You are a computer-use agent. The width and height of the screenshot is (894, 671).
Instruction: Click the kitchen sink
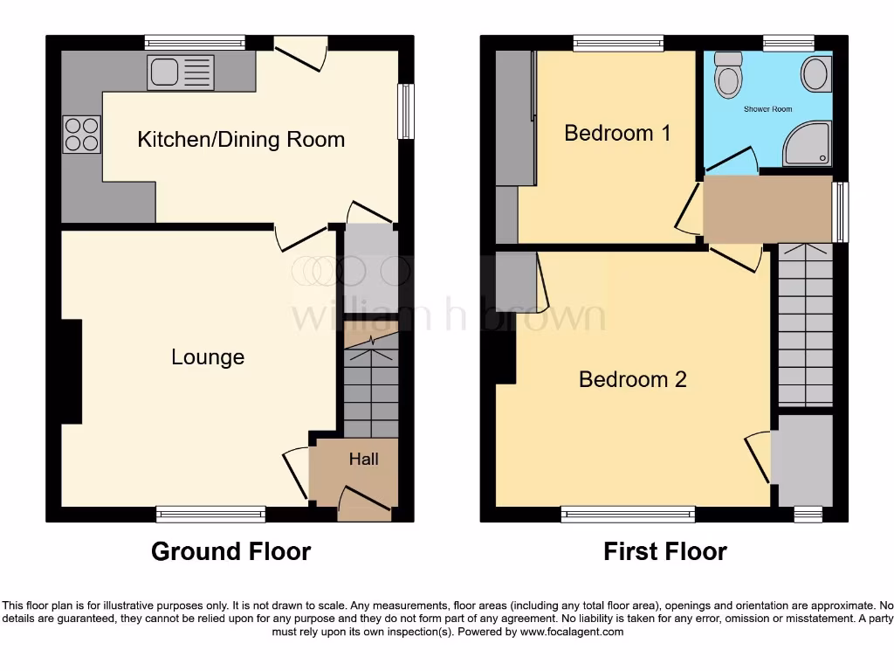(181, 73)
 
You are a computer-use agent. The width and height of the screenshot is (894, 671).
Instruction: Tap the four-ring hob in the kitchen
(81, 135)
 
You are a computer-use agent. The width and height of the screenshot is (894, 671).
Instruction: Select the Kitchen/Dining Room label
(241, 139)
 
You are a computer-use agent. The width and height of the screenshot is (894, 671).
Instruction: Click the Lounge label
(208, 356)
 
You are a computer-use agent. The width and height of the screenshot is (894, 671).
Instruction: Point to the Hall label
(364, 459)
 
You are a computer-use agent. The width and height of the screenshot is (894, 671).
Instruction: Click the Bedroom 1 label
(617, 133)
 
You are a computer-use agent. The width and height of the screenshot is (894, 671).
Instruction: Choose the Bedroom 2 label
(632, 379)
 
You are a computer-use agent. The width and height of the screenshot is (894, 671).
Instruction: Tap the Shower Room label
(767, 109)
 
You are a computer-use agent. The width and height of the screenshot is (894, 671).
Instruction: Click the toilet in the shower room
(727, 77)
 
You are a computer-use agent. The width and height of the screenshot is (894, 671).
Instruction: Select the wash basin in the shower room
(816, 74)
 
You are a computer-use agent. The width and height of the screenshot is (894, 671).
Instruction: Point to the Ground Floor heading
(230, 551)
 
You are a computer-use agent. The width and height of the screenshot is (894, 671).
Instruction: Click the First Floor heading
(665, 551)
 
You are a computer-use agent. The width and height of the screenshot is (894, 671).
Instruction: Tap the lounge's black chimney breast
(71, 371)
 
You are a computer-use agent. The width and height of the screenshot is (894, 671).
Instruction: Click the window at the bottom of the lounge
(210, 514)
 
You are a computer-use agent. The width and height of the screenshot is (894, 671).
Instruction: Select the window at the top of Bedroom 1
(618, 43)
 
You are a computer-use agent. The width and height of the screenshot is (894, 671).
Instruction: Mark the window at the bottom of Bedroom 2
(628, 514)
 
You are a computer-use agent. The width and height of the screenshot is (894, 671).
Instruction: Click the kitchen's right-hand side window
(406, 111)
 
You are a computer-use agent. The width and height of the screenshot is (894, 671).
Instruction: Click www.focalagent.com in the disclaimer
(573, 632)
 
